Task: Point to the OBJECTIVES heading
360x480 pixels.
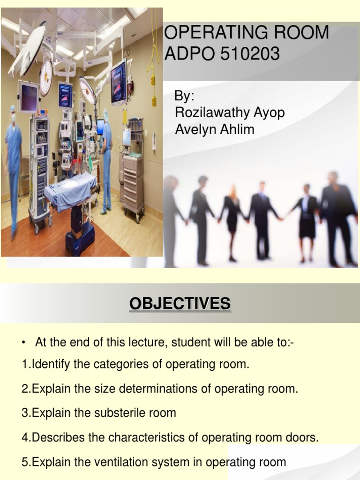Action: (x=180, y=304)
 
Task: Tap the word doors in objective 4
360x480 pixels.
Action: (x=304, y=437)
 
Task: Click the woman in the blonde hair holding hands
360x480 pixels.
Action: (x=232, y=220)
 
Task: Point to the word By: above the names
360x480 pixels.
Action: (x=184, y=97)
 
